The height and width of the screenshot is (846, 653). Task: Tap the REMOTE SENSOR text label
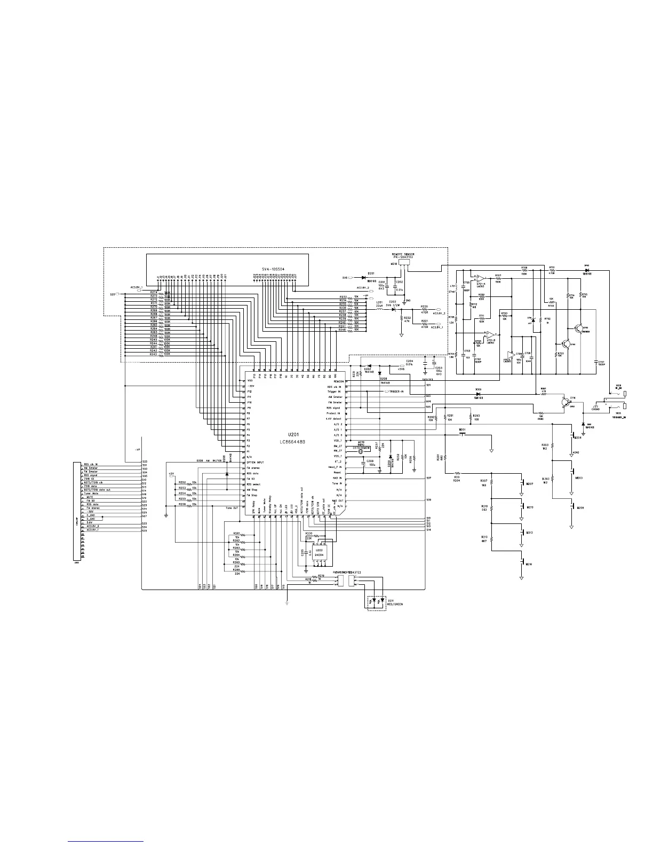pyautogui.click(x=404, y=254)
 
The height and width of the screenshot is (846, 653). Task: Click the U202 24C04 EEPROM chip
pyautogui.click(x=320, y=552)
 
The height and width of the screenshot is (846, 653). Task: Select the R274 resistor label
pyautogui.click(x=154, y=292)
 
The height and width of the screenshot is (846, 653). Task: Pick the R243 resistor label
pyautogui.click(x=154, y=354)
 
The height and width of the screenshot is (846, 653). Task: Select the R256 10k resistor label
pyautogui.click(x=182, y=504)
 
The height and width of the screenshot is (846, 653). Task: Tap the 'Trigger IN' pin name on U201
pyautogui.click(x=334, y=391)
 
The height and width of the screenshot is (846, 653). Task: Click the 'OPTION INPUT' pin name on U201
pyautogui.click(x=256, y=463)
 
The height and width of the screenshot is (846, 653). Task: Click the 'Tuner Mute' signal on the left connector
pyautogui.click(x=91, y=493)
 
